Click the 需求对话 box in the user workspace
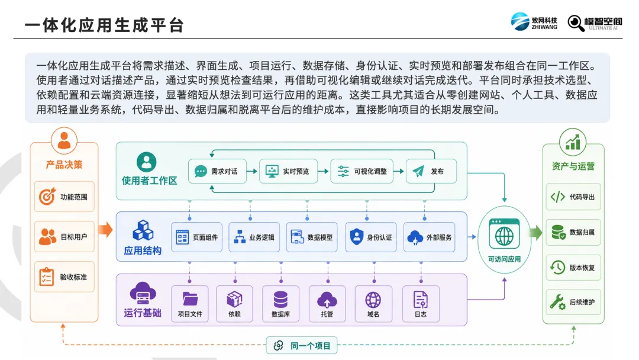pyautogui.click(x=218, y=171)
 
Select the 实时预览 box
pyautogui.click(x=289, y=171)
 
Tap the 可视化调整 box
pyautogui.click(x=362, y=171)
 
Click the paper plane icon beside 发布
pyautogui.click(x=418, y=171)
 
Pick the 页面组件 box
pyautogui.click(x=197, y=237)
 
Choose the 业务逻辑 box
pyautogui.click(x=254, y=237)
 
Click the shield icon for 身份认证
pyautogui.click(x=357, y=237)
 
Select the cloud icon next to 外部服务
pyautogui.click(x=415, y=237)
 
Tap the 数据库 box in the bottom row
pyautogui.click(x=281, y=304)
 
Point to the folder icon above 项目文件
pyautogui.click(x=190, y=299)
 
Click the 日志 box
pyautogui.click(x=421, y=304)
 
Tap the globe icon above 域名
pyautogui.click(x=373, y=300)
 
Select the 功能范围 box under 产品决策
pyautogui.click(x=64, y=197)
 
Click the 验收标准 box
pyautogui.click(x=64, y=277)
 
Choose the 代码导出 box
pyautogui.click(x=573, y=197)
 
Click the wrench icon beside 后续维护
pyautogui.click(x=557, y=302)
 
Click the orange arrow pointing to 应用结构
pyautogui.click(x=105, y=230)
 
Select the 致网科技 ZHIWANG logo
pyautogui.click(x=534, y=21)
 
